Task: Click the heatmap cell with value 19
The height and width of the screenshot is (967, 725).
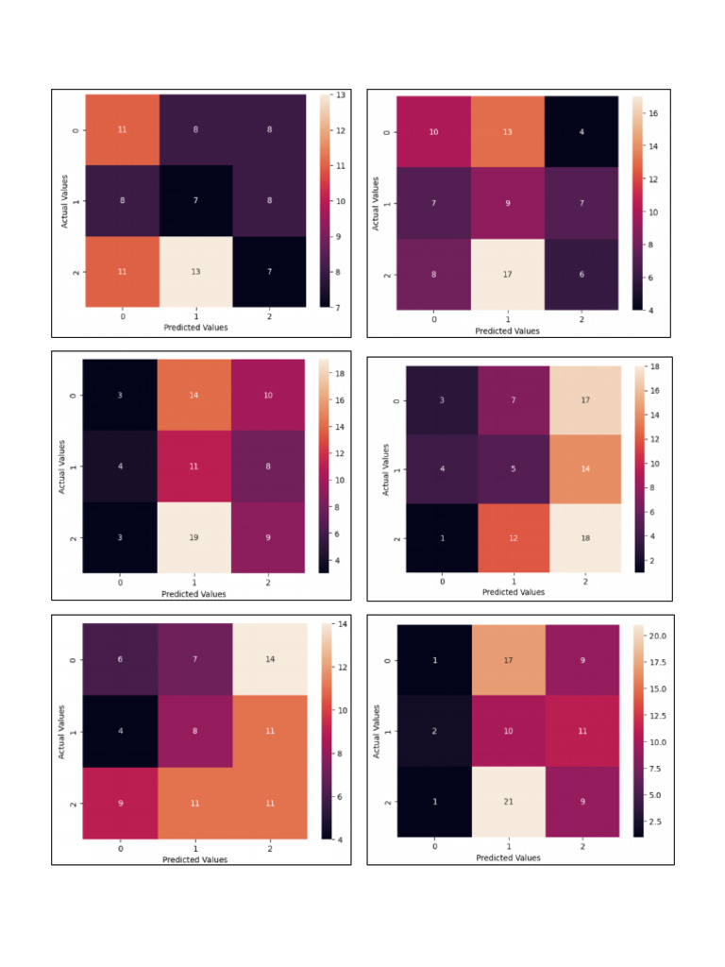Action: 195,537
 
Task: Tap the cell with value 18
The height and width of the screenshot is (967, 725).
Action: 585,536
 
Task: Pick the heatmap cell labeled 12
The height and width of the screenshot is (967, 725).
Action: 514,536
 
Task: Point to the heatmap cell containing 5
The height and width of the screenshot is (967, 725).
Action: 514,468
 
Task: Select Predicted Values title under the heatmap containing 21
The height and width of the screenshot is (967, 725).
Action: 508,857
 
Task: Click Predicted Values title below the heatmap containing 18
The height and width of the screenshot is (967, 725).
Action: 514,592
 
